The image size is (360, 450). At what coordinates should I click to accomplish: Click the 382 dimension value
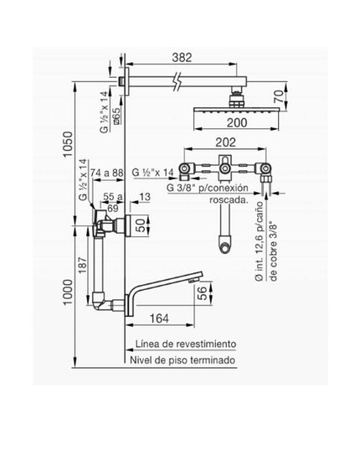pos(182,58)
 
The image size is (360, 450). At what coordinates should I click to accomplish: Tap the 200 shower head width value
pos(237,122)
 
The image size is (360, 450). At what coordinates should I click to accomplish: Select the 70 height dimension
pos(279,96)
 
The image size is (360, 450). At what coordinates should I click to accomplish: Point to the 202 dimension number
pos(225,142)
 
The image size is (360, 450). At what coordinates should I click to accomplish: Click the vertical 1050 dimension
pos(68,144)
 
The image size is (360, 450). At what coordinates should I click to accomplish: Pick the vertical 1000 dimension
pos(68,292)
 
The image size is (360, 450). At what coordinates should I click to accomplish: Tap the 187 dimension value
pos(82,265)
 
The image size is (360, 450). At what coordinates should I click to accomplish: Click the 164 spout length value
pos(159,318)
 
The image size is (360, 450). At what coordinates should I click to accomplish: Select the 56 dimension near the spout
pos(203,293)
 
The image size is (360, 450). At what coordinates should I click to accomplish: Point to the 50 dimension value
pos(141,225)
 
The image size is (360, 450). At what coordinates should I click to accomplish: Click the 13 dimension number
pos(146,197)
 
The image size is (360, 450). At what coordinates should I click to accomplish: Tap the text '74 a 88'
pos(106,173)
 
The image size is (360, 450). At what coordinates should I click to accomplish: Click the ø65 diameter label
pos(116,116)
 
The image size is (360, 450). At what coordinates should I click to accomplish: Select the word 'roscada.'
pos(229,199)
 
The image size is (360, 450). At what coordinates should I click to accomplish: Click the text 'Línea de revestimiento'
pos(186,344)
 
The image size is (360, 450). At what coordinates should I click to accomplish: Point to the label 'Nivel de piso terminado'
pos(183,359)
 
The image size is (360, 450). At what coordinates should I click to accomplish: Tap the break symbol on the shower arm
pos(177,81)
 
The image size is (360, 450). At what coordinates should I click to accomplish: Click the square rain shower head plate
pos(236,111)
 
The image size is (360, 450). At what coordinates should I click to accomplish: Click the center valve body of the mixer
pos(225,168)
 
